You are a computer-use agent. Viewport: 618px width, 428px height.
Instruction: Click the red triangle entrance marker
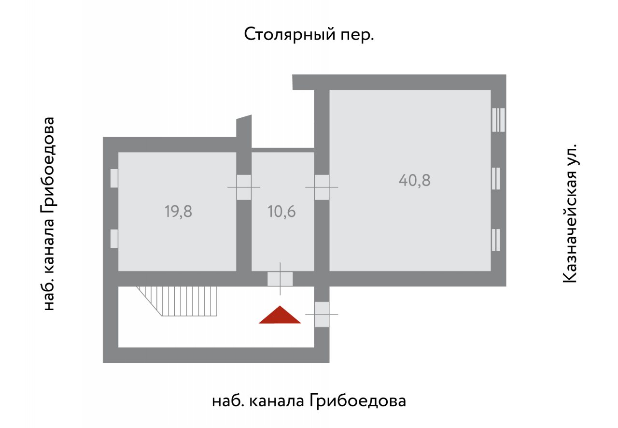280,315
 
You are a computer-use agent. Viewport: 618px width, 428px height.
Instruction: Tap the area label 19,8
178,212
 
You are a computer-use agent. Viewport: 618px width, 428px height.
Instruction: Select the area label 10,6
281,212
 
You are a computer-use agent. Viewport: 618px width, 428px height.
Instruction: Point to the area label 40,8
414,180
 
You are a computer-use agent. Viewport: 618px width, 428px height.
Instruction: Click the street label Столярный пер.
309,34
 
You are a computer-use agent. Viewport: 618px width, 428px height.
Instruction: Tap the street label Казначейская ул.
570,213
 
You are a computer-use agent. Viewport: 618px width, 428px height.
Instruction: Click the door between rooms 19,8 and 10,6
244,187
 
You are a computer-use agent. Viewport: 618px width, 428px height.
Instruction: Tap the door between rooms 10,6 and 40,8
322,187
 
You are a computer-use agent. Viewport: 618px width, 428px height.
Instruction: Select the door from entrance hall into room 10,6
280,279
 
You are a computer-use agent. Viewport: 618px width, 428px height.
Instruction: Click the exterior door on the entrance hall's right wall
322,314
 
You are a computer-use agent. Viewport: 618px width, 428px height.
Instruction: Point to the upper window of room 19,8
114,178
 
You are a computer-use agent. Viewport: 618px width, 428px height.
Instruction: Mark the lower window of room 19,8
114,239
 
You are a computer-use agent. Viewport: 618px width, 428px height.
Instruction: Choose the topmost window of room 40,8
499,120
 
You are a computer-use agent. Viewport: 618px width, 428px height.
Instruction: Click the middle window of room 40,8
496,178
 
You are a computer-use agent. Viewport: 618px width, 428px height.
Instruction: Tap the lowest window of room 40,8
496,240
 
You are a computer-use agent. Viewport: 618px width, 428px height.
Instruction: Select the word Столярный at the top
290,34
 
